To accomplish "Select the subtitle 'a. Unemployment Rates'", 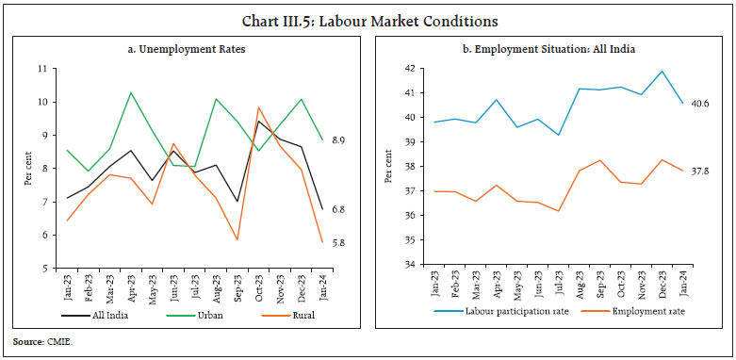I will pyautogui.click(x=188, y=48).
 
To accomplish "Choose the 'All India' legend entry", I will pyautogui.click(x=104, y=316).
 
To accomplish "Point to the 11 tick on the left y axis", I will pyautogui.click(x=54, y=69).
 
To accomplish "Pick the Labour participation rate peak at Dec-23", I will pyautogui.click(x=662, y=72).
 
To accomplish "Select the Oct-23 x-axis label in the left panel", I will pyautogui.click(x=256, y=282).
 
